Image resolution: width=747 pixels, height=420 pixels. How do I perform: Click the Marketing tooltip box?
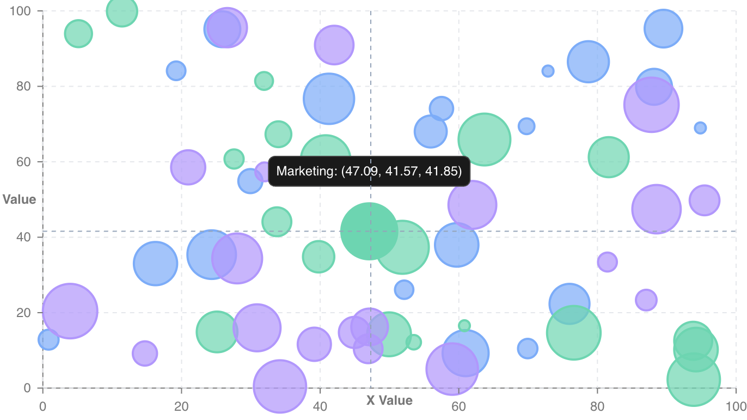coord(369,172)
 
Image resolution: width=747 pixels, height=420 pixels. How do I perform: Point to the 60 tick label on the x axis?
coord(458,407)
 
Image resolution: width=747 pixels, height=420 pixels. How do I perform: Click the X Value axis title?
coord(389,401)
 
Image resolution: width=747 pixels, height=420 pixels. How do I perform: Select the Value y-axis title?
coord(20,199)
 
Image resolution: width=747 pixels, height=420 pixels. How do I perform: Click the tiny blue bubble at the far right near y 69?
coord(700,127)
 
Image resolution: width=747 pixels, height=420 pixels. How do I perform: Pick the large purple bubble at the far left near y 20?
coord(70,311)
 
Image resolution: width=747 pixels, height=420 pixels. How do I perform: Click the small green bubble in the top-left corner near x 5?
coord(78,34)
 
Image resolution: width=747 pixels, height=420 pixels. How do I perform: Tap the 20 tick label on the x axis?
coord(181,407)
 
